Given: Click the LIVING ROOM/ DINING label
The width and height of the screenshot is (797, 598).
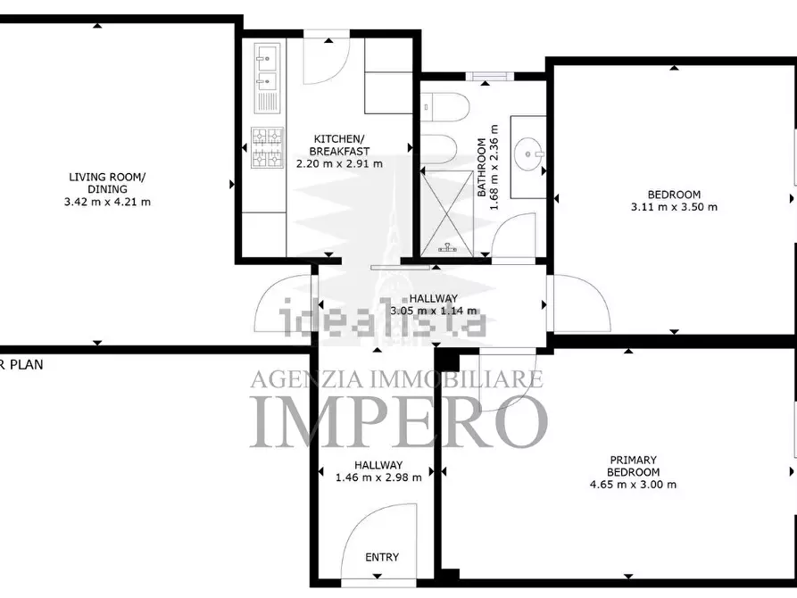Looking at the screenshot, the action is [x=107, y=183].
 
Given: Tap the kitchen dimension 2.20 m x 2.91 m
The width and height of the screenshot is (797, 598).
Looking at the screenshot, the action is [x=339, y=163].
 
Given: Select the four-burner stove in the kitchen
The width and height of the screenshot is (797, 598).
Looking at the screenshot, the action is [x=268, y=148].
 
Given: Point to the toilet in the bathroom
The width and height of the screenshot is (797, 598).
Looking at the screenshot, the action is [x=444, y=107].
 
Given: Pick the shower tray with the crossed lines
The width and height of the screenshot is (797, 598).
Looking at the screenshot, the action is [x=447, y=213].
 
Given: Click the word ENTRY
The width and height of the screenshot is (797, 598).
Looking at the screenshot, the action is [x=382, y=557].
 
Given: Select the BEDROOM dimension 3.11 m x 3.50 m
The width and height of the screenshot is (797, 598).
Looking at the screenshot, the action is [x=674, y=207].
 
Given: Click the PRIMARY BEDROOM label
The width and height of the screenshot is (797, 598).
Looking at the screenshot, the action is [x=634, y=466].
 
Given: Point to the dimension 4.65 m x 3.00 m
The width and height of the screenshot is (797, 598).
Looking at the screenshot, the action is [x=634, y=485].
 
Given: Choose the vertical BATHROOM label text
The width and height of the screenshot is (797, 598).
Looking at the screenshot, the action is [x=481, y=168].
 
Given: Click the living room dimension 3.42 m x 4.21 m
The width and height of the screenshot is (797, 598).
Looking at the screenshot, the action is [x=107, y=202].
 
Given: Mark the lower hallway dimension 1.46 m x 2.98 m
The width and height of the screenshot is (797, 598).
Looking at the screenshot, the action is [x=378, y=478].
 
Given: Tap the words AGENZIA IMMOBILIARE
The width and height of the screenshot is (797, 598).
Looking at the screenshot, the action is [x=397, y=378].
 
